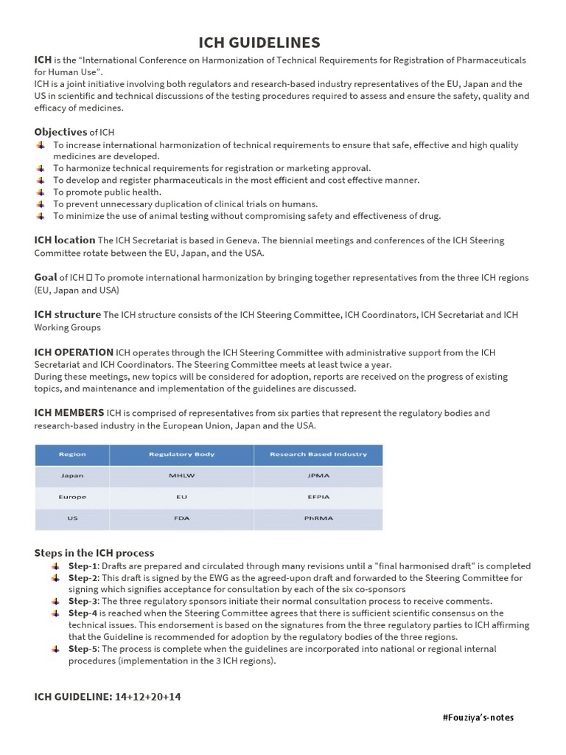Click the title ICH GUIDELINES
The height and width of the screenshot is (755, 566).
pyautogui.click(x=259, y=42)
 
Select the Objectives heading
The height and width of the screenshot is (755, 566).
pyautogui.click(x=60, y=132)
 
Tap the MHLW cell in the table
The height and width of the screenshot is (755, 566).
pyautogui.click(x=181, y=476)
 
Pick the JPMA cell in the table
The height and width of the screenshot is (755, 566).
pyautogui.click(x=318, y=476)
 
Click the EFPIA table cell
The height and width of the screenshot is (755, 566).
pyautogui.click(x=318, y=497)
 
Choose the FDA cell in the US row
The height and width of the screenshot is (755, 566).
pyautogui.click(x=181, y=518)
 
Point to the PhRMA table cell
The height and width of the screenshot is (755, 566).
pyautogui.click(x=318, y=518)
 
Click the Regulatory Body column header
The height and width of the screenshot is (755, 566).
pyautogui.click(x=181, y=454)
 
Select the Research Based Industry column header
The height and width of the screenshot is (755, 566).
pyautogui.click(x=318, y=454)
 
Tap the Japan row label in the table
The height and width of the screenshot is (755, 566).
pyautogui.click(x=72, y=476)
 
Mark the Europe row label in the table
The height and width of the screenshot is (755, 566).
pyautogui.click(x=72, y=497)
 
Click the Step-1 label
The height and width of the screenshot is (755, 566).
pyautogui.click(x=83, y=566)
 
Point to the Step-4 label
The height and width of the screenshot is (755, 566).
pyautogui.click(x=83, y=613)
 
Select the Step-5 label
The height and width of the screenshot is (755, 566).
pyautogui.click(x=83, y=649)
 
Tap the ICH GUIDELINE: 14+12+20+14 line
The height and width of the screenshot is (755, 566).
pyautogui.click(x=108, y=697)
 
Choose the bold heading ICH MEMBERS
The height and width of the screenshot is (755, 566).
pyautogui.click(x=69, y=413)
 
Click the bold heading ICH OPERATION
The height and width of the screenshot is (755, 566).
pyautogui.click(x=74, y=352)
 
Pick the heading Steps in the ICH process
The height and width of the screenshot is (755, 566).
pyautogui.click(x=94, y=553)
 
